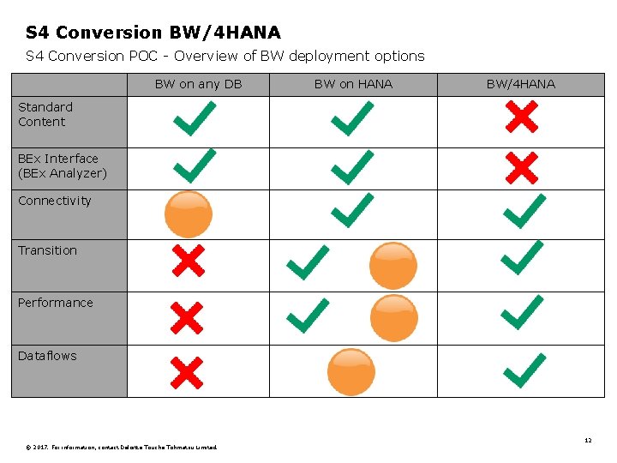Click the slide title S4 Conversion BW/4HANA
click(x=153, y=33)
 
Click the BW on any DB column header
click(x=198, y=84)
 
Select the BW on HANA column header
click(x=353, y=84)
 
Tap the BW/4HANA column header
click(x=520, y=84)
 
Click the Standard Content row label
click(x=45, y=114)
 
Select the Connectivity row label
click(x=54, y=201)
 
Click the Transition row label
click(x=47, y=250)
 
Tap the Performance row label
click(x=55, y=303)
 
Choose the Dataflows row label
click(x=47, y=356)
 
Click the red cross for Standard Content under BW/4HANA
click(x=521, y=117)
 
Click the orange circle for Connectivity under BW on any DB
click(x=188, y=213)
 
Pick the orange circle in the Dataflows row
click(x=351, y=371)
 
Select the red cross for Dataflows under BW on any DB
click(x=186, y=372)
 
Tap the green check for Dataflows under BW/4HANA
click(x=524, y=370)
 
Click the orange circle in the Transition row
click(x=393, y=265)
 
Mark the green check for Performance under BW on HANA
click(x=308, y=315)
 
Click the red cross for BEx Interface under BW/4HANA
click(x=521, y=168)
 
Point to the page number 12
click(x=588, y=440)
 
